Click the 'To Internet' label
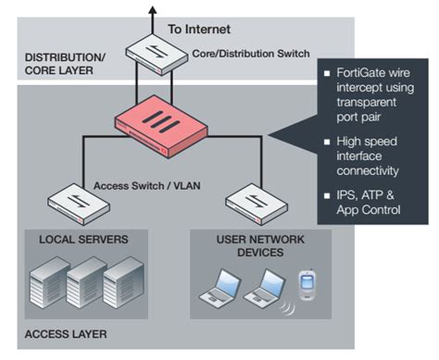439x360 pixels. [x=200, y=29]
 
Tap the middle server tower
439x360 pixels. [x=85, y=286]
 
